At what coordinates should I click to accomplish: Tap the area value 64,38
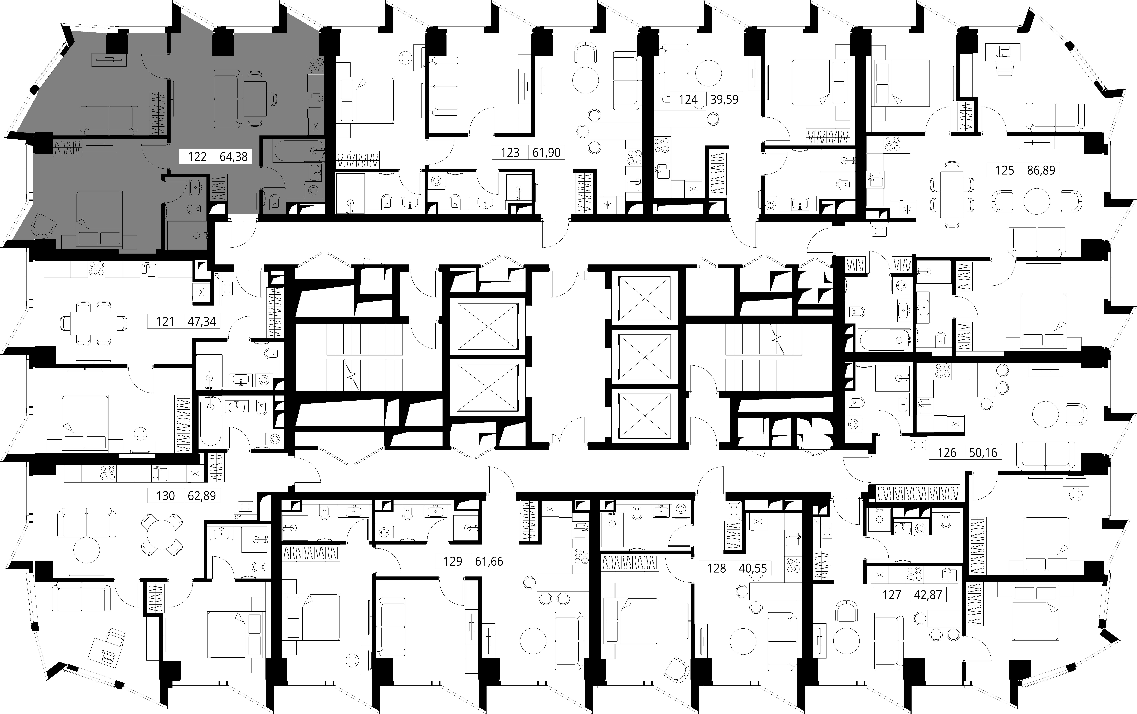pos(234,156)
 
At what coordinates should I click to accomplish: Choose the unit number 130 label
pos(165,496)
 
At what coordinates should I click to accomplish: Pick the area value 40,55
pos(753,568)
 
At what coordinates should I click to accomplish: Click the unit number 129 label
pos(453,561)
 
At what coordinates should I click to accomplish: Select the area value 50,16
pos(983,453)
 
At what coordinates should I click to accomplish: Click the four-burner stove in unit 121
pos(96,269)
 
